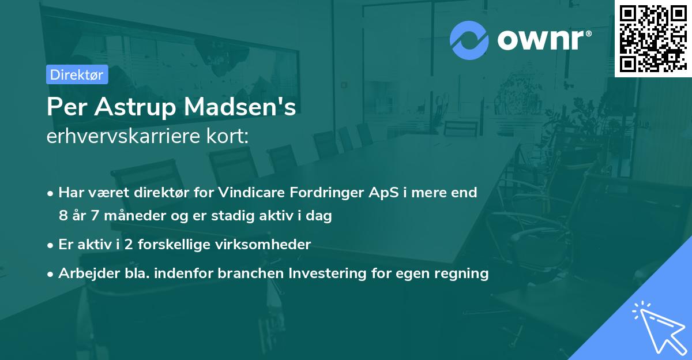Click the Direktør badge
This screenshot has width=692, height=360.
pyautogui.click(x=77, y=74)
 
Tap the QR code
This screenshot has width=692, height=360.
pyautogui.click(x=653, y=38)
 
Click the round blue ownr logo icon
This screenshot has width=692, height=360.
pyautogui.click(x=469, y=40)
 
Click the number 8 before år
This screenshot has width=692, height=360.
pyautogui.click(x=63, y=216)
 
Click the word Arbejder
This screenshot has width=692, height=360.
pyautogui.click(x=84, y=273)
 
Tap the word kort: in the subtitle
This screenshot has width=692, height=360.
pyautogui.click(x=230, y=137)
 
